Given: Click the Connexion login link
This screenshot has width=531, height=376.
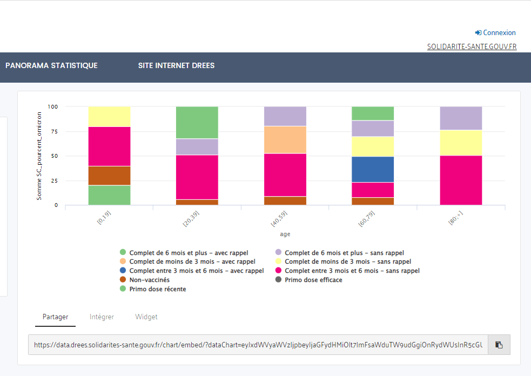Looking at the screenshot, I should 495,32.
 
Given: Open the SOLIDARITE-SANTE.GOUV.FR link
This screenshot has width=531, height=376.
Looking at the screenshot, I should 472,46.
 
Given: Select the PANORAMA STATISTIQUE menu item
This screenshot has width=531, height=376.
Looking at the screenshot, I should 51,65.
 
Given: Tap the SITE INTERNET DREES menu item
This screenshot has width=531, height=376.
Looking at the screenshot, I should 176,65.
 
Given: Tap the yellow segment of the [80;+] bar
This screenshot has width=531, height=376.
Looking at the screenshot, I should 461,143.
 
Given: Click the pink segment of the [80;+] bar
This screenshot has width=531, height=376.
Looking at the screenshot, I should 461,180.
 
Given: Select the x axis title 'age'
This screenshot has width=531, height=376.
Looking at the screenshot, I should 285,234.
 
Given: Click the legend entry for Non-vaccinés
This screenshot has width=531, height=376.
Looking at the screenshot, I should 149,280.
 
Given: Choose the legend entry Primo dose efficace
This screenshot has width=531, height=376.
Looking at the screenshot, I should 313,280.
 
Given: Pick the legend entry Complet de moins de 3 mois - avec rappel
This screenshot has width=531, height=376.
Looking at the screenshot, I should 192,261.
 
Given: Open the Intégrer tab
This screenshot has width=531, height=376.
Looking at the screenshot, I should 102,317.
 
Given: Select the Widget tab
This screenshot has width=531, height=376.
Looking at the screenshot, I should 146,317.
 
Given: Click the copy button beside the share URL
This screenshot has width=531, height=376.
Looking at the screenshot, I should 499,345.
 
